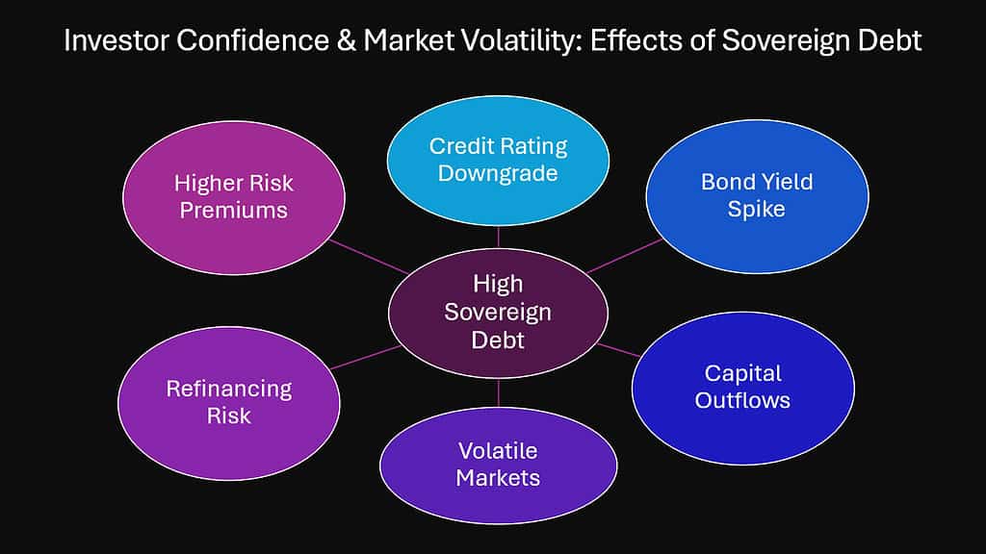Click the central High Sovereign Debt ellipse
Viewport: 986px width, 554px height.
click(x=498, y=313)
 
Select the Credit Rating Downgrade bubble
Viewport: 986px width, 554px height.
click(x=498, y=161)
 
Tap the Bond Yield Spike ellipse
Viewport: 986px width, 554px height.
click(x=757, y=196)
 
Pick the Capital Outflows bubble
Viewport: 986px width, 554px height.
click(x=742, y=389)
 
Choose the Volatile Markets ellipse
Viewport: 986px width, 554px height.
click(x=498, y=466)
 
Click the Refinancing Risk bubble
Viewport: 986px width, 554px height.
click(x=229, y=403)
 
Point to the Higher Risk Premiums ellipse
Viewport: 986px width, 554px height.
click(x=234, y=197)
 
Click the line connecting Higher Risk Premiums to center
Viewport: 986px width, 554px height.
click(x=369, y=256)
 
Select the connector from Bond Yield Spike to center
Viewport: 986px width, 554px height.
click(x=625, y=256)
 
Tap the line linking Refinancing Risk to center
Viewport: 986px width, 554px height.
click(x=365, y=357)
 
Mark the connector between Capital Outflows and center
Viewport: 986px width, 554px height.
click(x=619, y=350)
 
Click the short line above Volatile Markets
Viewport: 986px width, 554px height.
click(x=498, y=392)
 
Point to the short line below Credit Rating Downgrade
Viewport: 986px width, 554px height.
click(x=498, y=237)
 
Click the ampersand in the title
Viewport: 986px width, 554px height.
click(x=346, y=40)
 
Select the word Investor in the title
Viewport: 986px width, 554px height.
click(x=117, y=40)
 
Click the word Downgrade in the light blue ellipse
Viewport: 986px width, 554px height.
click(x=498, y=174)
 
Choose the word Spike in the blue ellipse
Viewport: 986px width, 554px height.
click(x=757, y=210)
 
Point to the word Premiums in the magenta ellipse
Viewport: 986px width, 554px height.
click(x=234, y=211)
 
